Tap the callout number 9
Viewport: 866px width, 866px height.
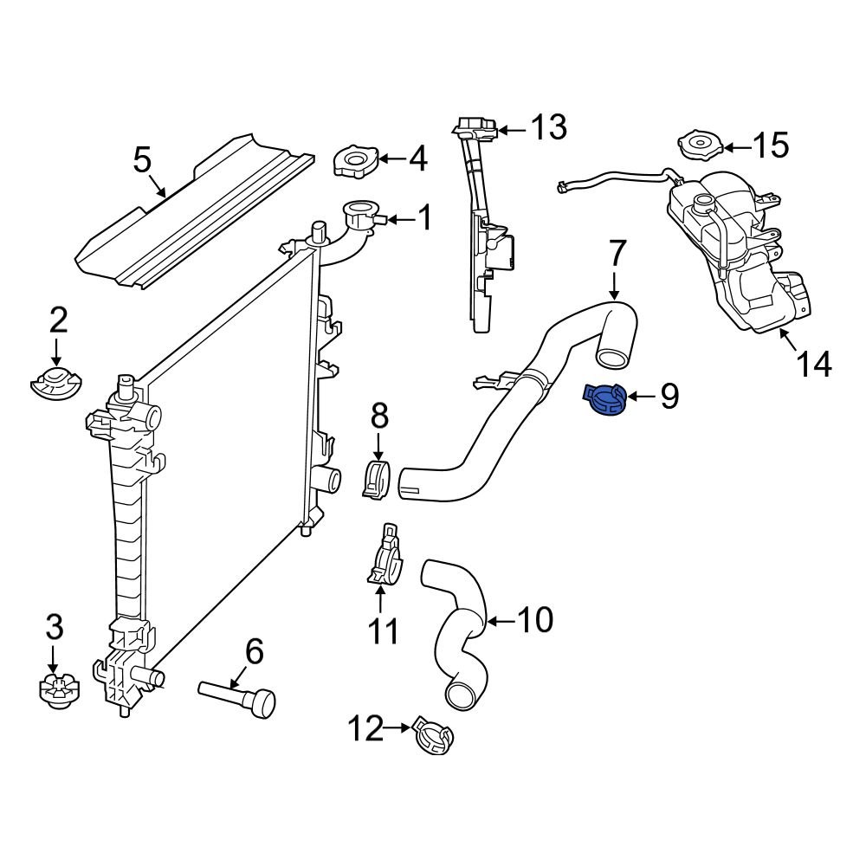pos(669,397)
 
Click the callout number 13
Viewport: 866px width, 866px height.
pos(547,127)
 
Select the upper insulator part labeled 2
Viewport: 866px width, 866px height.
pos(55,383)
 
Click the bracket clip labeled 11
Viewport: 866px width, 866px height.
pos(384,559)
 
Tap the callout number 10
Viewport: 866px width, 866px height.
pos(533,620)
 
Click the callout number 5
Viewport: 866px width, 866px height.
pos(142,160)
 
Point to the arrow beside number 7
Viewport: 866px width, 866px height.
pos(615,284)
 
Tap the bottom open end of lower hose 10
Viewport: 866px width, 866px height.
pos(461,694)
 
